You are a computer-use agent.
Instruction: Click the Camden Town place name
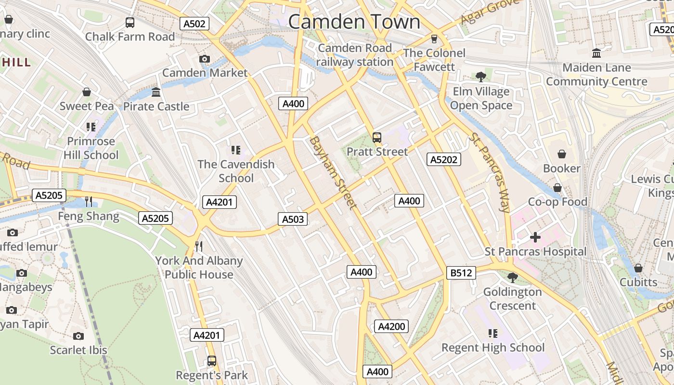354,22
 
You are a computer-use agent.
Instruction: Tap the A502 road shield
194,24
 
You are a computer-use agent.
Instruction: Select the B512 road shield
461,273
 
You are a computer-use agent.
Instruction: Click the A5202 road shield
443,159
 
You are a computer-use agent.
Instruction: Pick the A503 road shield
293,219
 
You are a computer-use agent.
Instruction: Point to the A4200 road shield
391,326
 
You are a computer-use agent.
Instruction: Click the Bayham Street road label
333,173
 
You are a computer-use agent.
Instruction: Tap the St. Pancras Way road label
489,172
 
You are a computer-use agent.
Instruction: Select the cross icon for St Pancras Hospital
535,237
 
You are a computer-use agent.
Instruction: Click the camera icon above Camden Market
205,59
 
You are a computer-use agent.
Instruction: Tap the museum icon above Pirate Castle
156,92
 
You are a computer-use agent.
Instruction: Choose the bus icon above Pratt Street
377,138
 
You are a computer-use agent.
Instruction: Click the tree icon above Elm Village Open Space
480,77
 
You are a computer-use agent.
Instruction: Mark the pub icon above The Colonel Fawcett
434,38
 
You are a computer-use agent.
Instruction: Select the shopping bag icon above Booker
561,154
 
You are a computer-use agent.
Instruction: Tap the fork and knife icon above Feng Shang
89,201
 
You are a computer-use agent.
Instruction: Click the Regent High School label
493,347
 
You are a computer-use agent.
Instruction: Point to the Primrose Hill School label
91,148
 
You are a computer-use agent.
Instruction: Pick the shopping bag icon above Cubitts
638,268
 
